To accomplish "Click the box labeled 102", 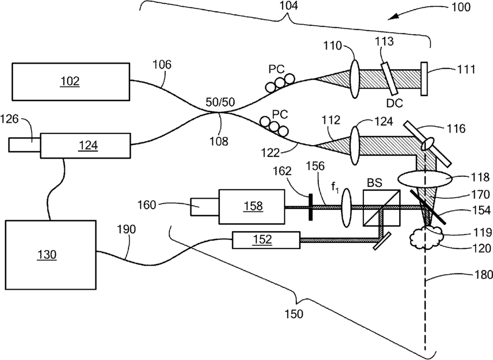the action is [71, 81].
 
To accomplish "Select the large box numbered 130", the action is [51, 255].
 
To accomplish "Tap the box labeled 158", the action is [252, 207].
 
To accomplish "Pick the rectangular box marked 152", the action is [266, 240].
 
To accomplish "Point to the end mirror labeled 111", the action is [424, 79].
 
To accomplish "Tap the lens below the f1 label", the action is [346, 208].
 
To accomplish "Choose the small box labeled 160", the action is [204, 207].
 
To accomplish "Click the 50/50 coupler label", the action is [220, 102].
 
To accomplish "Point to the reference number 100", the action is [461, 7].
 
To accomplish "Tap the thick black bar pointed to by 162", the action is [310, 207].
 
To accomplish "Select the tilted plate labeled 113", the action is [390, 79].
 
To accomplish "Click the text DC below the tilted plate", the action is [395, 103].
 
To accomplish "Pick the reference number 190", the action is [126, 229].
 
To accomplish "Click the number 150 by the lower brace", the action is [294, 314].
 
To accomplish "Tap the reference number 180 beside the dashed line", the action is [484, 275].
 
